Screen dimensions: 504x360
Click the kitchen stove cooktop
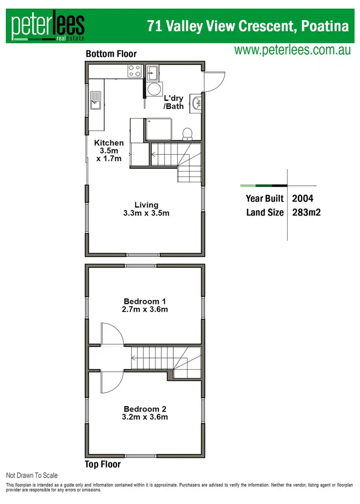(134, 72)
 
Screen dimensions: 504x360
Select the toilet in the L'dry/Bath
(188, 132)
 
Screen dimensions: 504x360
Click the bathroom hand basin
(196, 103)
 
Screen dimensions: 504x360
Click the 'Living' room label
(146, 205)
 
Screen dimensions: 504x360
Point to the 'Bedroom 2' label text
(145, 409)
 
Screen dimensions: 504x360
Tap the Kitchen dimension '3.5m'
(108, 150)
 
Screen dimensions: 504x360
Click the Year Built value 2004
(303, 198)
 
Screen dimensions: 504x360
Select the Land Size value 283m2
(306, 212)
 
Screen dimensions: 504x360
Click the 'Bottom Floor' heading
(111, 54)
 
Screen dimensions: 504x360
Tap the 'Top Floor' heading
(103, 464)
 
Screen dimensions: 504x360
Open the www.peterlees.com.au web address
(292, 50)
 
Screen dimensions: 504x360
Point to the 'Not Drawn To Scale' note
(32, 475)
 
